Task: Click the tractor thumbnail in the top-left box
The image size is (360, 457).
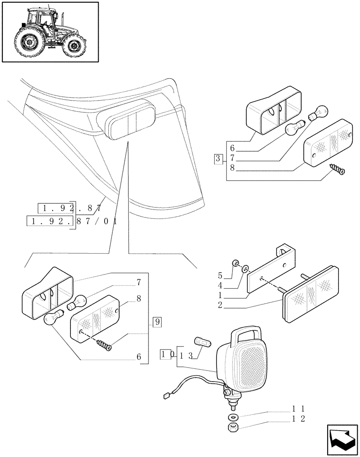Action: [x=50, y=32]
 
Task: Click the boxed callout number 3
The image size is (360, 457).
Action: [x=218, y=159]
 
